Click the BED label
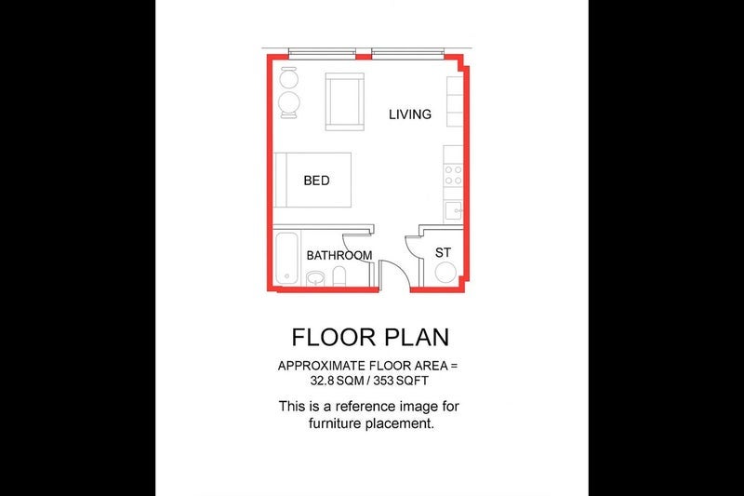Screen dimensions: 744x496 [x=316, y=181]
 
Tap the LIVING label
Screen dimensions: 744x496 [x=410, y=114]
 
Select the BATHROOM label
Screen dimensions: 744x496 [x=339, y=255]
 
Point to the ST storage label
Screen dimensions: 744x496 [x=443, y=252]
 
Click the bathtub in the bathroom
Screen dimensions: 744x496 [x=287, y=258]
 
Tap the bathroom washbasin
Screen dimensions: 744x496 [x=315, y=277]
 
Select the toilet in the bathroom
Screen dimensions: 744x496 [x=339, y=276]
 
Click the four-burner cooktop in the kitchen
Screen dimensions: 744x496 [x=453, y=175]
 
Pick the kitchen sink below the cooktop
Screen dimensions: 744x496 [x=453, y=210]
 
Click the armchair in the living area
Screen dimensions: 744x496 [x=345, y=101]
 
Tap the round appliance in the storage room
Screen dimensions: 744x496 [x=445, y=273]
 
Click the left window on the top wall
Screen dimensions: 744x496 [x=322, y=54]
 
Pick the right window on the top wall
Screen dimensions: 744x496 [x=407, y=54]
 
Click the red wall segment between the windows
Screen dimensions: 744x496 [x=364, y=57]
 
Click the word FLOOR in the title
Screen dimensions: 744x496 [x=334, y=337]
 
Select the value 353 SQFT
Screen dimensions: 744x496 [x=401, y=381]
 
